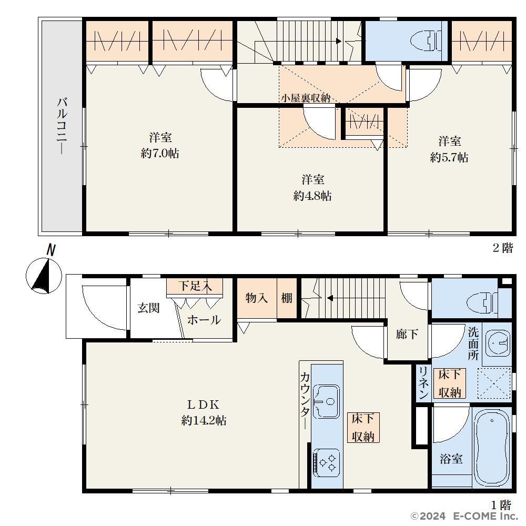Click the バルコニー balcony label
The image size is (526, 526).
62,126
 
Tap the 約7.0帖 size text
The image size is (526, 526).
160,154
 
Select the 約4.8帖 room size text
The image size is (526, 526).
312,196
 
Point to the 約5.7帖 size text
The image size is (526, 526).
449,157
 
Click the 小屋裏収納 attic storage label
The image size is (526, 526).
306,98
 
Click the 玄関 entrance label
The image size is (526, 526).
148,308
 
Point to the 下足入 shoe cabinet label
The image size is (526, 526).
195,286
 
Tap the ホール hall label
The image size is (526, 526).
204,320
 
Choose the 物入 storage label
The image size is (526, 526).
257,298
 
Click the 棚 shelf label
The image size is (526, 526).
287,298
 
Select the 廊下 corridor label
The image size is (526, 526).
407,334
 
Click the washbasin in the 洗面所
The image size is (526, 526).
499,343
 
